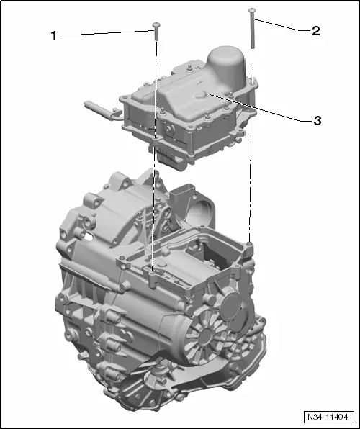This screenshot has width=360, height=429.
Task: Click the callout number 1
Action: [x=53, y=35]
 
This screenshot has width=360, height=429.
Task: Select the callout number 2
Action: [x=315, y=31]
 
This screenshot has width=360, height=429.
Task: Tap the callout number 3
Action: [x=316, y=120]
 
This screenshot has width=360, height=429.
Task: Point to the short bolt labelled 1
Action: [x=155, y=29]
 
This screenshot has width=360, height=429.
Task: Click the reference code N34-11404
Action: [x=328, y=417]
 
